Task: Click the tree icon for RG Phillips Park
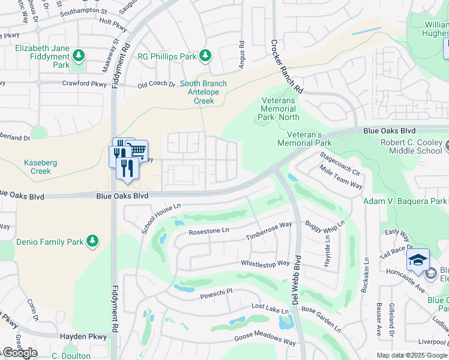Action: (205, 56)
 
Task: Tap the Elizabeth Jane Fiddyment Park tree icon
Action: (78, 56)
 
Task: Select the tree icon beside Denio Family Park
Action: (92, 241)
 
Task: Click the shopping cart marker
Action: (137, 150)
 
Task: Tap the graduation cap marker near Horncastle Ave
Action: (418, 259)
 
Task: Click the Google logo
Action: (19, 353)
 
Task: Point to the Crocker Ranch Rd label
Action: (286, 66)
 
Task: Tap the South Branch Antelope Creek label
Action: (204, 92)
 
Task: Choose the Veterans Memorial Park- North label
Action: (279, 109)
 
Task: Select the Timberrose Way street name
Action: (268, 231)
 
